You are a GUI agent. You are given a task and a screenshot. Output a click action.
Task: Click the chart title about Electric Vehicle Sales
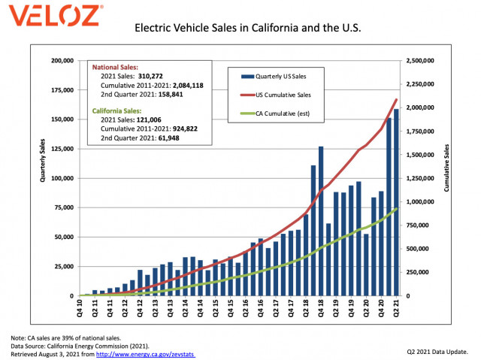tap(248, 29)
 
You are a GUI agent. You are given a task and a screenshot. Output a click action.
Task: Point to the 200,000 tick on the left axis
tap(61, 60)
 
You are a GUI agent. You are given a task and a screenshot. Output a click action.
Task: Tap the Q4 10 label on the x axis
tap(80, 307)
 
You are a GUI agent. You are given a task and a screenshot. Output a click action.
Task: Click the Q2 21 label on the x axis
tap(398, 307)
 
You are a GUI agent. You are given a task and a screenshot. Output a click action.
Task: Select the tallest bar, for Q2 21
tap(397, 203)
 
